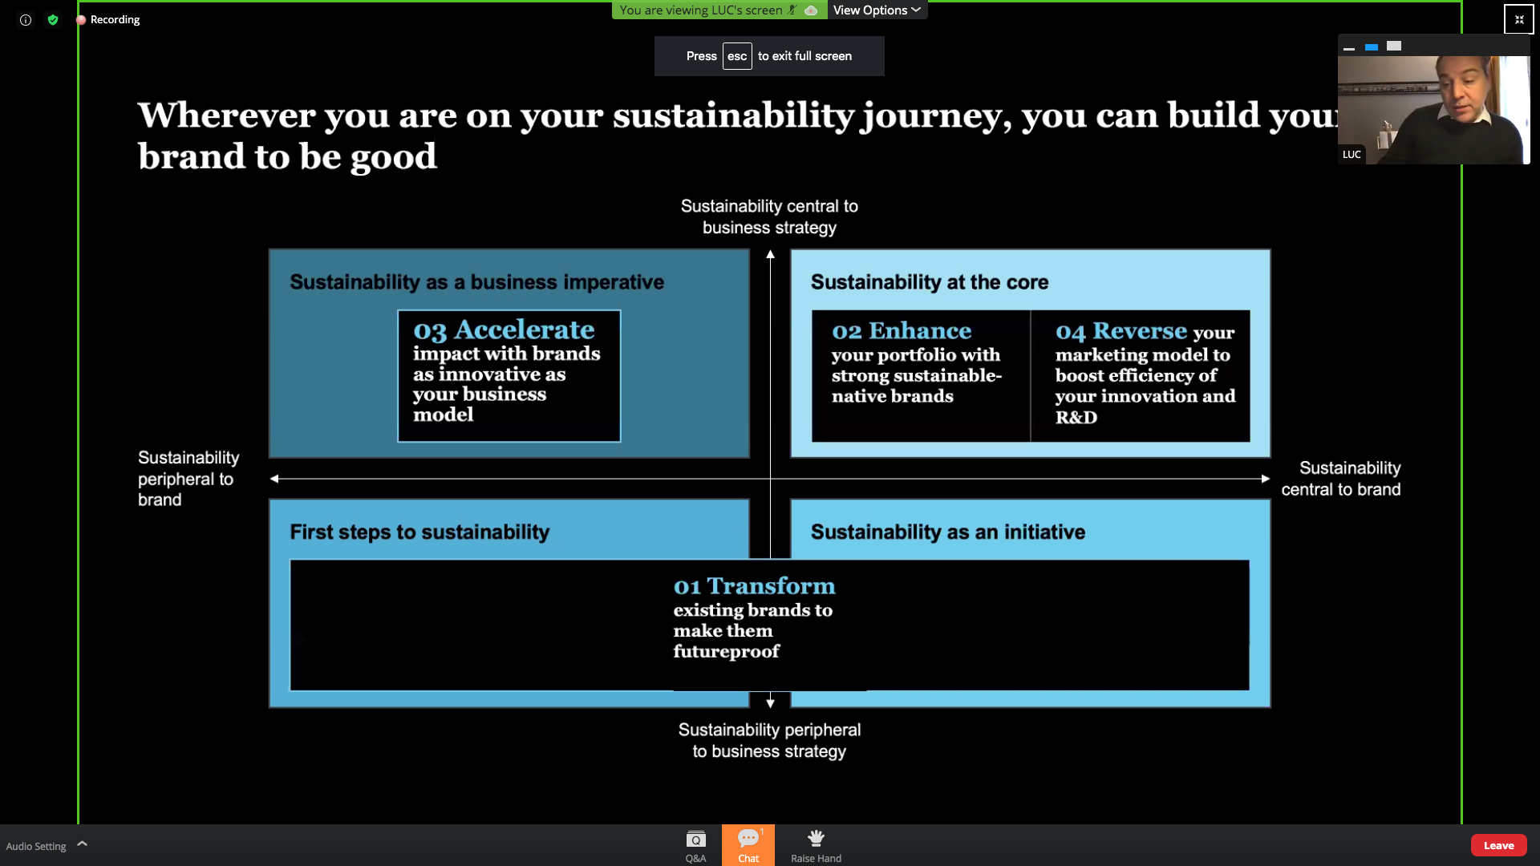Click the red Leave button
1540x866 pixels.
point(1498,845)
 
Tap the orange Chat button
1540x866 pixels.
point(748,845)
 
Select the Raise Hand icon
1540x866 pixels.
point(816,838)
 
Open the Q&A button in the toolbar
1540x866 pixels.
point(695,845)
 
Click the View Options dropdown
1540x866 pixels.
point(877,10)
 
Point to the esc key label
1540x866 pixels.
point(737,56)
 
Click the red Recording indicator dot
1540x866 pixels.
point(81,20)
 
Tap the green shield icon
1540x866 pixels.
point(53,20)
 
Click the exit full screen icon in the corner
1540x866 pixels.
point(1518,19)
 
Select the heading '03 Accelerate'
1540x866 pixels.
point(504,330)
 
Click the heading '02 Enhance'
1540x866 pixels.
point(902,330)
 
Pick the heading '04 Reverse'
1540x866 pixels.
point(1121,330)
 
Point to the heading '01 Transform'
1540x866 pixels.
point(754,586)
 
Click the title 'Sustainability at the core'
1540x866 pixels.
point(930,282)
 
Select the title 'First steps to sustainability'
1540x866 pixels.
point(419,532)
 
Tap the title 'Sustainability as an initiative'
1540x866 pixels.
point(948,532)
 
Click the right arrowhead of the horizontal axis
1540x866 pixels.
point(1266,479)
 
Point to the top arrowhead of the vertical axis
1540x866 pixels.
point(770,254)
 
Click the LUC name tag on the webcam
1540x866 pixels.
point(1352,155)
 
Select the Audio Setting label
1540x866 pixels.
point(36,846)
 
